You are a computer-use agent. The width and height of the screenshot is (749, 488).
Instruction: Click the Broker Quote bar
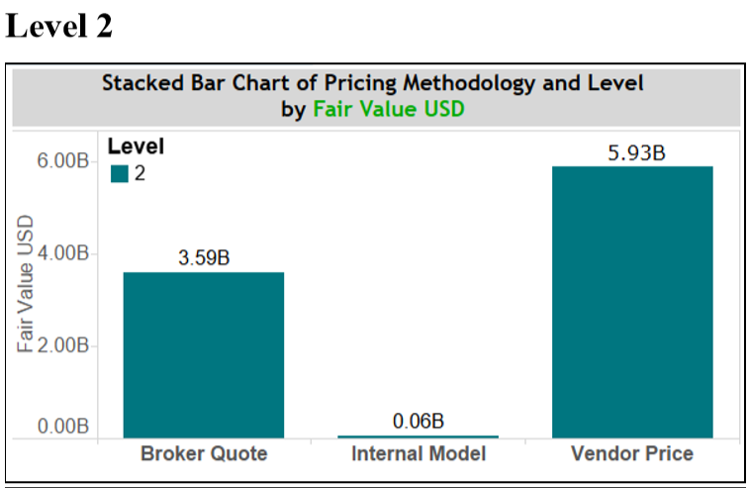click(203, 353)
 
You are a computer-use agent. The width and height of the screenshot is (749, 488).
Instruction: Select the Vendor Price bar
click(631, 301)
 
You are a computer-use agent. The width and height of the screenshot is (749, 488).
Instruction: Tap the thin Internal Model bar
click(418, 436)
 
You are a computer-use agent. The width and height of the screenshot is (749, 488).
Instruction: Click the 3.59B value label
click(204, 259)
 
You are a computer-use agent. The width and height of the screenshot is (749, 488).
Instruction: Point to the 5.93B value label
click(635, 153)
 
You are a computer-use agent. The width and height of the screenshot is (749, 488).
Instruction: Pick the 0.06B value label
click(418, 421)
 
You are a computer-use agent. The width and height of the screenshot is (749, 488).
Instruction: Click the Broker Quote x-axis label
click(204, 454)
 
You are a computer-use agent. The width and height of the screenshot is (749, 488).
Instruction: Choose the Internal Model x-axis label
click(419, 454)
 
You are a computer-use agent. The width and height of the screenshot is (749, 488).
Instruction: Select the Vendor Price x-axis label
click(632, 454)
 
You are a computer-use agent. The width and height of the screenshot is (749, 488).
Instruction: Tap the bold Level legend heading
click(136, 146)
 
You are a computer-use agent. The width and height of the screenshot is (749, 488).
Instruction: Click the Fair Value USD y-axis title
click(26, 283)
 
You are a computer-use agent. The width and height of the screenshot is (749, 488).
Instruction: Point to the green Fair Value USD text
click(388, 108)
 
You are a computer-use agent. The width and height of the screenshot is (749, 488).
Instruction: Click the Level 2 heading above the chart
click(59, 26)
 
